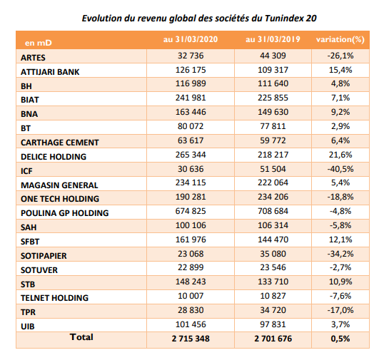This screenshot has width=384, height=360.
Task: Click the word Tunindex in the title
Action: [x=284, y=19]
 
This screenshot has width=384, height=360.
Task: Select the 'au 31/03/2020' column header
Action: [x=191, y=39]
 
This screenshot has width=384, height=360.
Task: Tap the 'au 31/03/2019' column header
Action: [x=273, y=39]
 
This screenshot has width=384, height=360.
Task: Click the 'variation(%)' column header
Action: [x=340, y=40]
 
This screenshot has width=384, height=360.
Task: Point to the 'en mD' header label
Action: [x=39, y=43]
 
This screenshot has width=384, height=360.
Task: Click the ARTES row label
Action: [x=33, y=58]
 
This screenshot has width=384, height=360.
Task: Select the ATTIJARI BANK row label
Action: [x=50, y=72]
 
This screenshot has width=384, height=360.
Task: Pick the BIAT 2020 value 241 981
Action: [x=191, y=98]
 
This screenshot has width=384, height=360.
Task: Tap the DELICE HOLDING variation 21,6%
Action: [x=340, y=155]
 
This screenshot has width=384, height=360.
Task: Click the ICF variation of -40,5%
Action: [x=340, y=169]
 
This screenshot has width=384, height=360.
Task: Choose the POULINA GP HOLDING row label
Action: [x=65, y=213]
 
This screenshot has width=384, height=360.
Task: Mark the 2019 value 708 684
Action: [x=273, y=211]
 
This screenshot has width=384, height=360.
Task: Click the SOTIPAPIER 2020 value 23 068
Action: [x=191, y=254]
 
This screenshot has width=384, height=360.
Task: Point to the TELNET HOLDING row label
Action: [x=55, y=298]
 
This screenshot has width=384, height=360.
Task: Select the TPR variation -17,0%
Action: [x=340, y=310]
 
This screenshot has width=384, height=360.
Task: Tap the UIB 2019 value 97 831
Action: [x=273, y=324]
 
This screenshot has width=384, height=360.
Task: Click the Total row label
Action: [x=81, y=337]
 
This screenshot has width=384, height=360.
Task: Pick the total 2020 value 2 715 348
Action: [x=191, y=339]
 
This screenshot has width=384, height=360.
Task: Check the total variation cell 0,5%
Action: [x=340, y=339]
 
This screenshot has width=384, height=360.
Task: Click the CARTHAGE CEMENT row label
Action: [x=60, y=143]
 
